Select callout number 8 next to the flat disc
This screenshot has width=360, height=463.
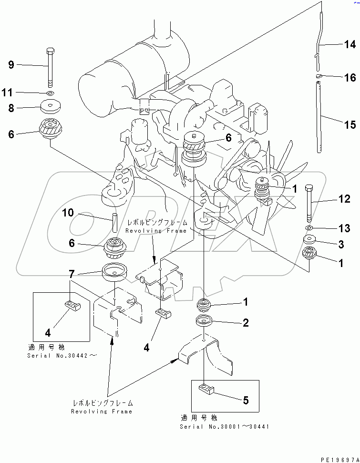point(11,108)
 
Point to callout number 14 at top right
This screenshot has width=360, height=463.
point(350,45)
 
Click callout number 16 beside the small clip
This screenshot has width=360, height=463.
point(350,78)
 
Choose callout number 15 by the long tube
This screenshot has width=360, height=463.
point(350,125)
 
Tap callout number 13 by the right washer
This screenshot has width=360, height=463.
point(344,228)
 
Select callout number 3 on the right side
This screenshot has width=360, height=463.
point(341,245)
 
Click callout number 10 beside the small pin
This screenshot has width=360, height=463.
point(68,213)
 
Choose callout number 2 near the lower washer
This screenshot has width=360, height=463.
point(246,323)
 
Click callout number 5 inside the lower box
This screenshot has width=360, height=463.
point(246,401)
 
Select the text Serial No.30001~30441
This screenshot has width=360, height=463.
point(225,426)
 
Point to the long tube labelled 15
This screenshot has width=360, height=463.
point(319,117)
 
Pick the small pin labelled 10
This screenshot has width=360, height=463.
point(114,222)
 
